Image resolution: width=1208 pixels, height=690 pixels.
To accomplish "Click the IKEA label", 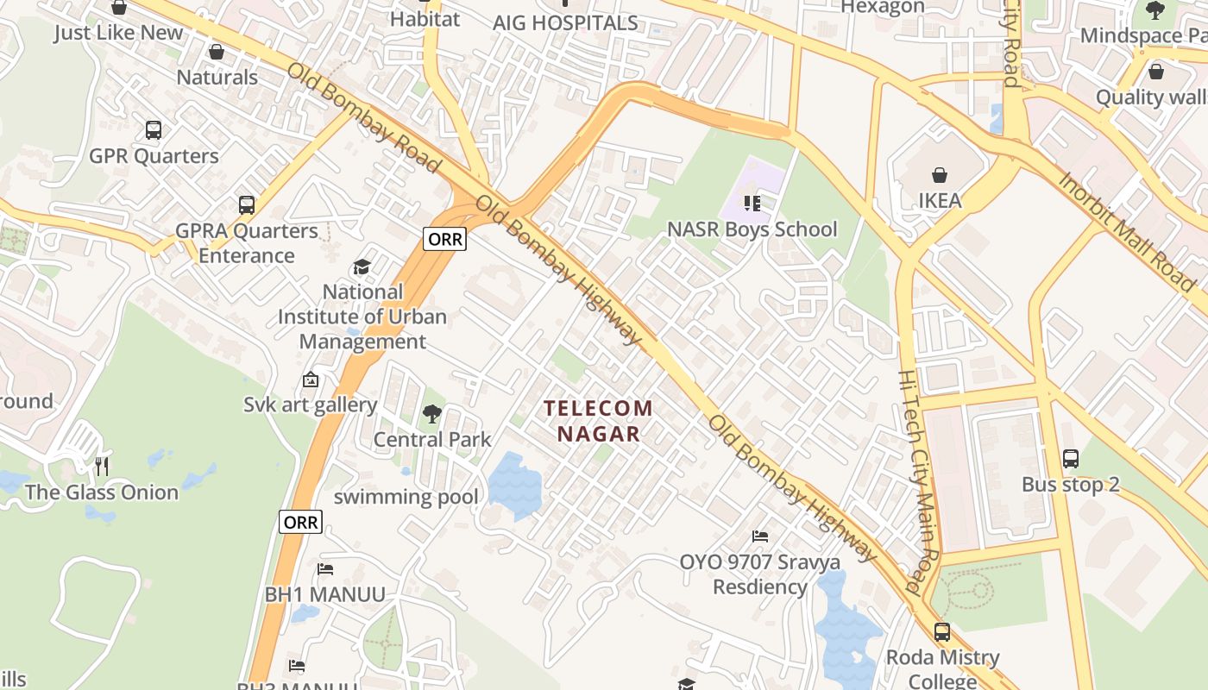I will [940, 200].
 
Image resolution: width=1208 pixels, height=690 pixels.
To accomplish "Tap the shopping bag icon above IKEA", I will [940, 175].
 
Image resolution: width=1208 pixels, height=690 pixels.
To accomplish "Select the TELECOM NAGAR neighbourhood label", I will [599, 420].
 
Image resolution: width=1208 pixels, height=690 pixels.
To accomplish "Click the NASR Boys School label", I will [752, 229].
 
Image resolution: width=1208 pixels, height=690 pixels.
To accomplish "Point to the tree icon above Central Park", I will [431, 415].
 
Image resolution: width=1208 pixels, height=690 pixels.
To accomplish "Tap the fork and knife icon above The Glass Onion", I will [102, 467].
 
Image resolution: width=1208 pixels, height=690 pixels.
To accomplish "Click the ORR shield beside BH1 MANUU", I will [300, 522].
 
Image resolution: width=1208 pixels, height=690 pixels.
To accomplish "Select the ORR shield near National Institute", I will [444, 239].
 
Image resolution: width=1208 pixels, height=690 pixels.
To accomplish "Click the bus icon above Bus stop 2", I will [1071, 459].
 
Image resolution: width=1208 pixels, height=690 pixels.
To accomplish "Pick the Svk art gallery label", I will [310, 405].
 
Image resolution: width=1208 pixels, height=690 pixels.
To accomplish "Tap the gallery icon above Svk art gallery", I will [310, 379].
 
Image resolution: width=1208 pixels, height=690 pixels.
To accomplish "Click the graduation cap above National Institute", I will [362, 267].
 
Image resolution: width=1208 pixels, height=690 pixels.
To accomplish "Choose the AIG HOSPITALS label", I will [565, 23].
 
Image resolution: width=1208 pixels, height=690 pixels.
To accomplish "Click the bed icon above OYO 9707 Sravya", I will [760, 536].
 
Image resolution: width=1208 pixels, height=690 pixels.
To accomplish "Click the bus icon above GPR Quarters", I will [154, 130].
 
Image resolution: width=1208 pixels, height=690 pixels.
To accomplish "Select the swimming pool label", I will [406, 497].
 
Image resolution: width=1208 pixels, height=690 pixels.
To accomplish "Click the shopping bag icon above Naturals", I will [217, 53].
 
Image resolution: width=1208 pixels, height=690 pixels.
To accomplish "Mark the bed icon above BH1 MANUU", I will [325, 569].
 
